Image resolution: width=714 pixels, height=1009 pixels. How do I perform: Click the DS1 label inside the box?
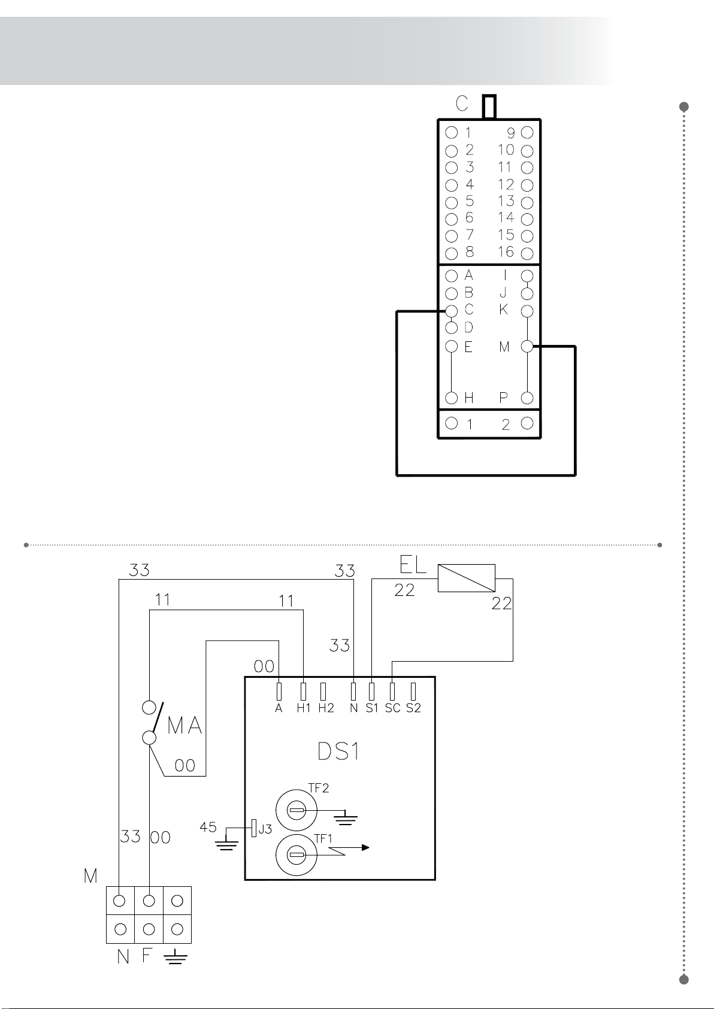(338, 751)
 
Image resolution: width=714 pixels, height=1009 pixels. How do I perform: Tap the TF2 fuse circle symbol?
(297, 810)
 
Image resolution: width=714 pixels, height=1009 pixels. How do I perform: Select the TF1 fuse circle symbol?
(297, 855)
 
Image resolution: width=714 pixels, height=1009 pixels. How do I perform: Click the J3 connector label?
(265, 829)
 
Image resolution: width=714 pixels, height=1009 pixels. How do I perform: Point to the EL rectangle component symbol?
(466, 578)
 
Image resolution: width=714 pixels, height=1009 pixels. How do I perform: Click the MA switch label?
(184, 726)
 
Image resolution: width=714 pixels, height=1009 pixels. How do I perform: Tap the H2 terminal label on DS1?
(326, 708)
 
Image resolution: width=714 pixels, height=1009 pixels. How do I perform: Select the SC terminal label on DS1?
(392, 708)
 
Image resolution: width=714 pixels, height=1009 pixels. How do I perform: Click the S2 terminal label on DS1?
(413, 708)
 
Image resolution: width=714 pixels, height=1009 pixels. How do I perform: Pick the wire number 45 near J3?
(208, 827)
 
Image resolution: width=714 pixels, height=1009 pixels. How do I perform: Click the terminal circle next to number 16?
(527, 253)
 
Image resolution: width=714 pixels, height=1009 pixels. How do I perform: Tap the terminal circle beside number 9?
(527, 132)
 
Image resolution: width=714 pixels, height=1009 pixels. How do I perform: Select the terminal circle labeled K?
(527, 311)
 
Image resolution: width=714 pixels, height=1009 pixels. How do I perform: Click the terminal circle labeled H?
(452, 398)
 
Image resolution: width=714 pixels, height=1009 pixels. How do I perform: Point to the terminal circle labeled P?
(527, 398)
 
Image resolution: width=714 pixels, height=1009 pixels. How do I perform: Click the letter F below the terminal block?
(146, 955)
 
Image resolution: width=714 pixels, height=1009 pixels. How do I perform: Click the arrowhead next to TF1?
(365, 848)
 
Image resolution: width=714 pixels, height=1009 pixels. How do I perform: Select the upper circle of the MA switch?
(149, 708)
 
